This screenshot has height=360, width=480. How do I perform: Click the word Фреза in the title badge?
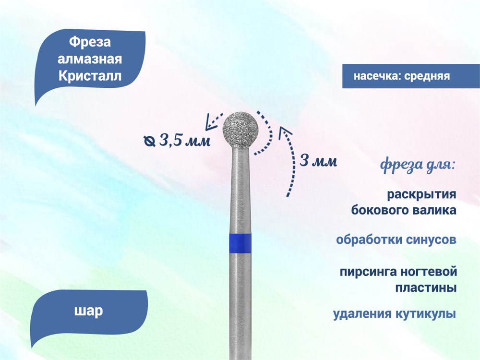click(90, 42)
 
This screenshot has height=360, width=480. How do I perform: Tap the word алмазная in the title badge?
click(90, 59)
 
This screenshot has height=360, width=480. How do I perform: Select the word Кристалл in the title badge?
click(90, 76)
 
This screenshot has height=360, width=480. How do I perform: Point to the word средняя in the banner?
click(427, 76)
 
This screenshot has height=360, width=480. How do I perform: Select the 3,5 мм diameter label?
click(185, 141)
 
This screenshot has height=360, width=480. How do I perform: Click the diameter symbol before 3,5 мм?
click(149, 141)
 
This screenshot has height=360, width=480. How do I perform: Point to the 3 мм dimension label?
click(318, 161)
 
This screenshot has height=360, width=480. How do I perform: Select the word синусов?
click(431, 240)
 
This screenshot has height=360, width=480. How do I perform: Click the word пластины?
click(426, 288)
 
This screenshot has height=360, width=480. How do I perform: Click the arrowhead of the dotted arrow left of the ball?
click(210, 121)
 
